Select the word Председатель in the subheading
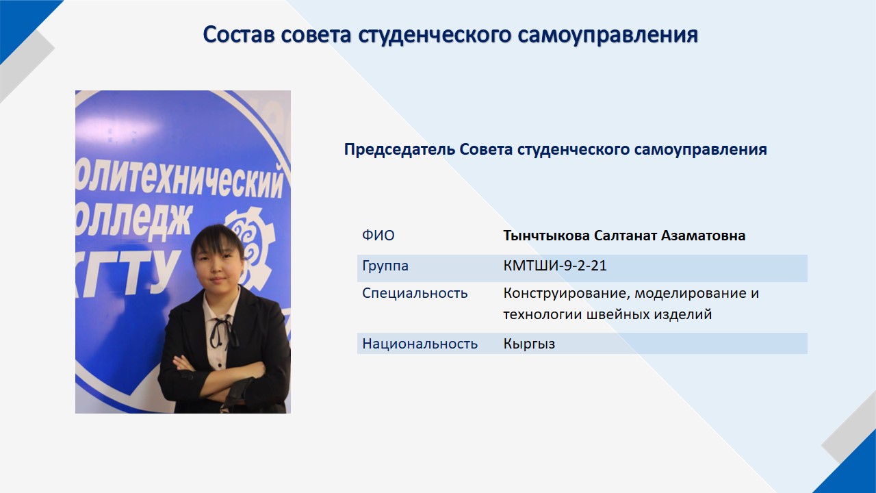400,150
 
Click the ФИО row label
378,236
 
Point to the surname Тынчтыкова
546,236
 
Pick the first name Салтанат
625,236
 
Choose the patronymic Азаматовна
703,236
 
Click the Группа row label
385,266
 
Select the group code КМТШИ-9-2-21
555,266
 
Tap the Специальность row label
415,294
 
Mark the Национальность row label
420,344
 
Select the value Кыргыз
529,344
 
